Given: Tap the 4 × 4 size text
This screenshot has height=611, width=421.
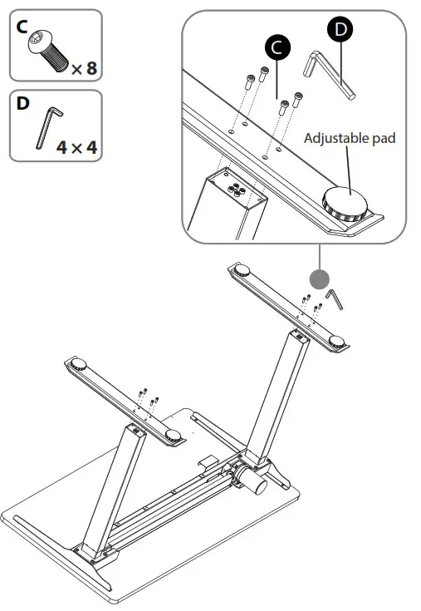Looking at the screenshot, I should point(77,148).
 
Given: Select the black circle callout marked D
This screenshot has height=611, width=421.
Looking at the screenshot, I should point(340,30).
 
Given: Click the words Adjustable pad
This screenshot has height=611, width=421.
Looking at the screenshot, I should point(350,138).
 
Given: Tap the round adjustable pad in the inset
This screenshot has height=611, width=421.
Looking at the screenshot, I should point(347,204).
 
